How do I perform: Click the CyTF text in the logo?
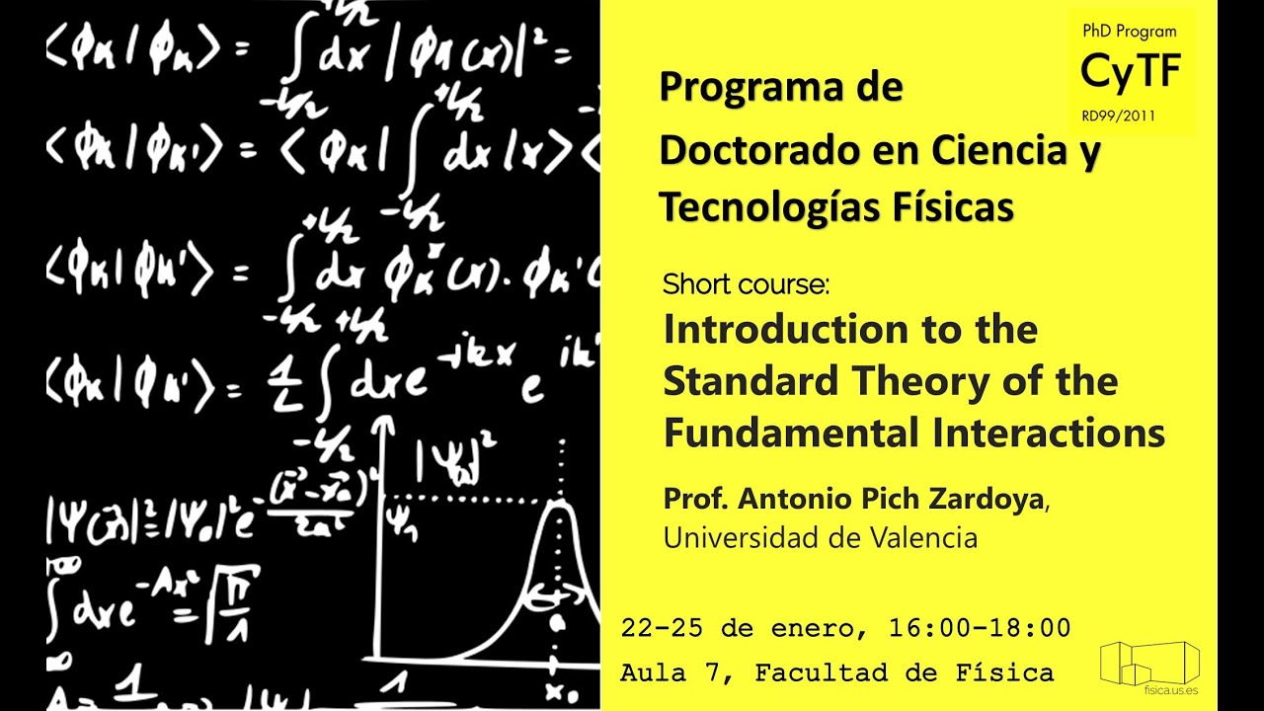click(1131, 72)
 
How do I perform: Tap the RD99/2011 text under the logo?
click(1119, 117)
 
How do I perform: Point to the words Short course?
click(747, 285)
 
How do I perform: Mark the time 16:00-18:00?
click(979, 627)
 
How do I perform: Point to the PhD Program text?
click(1129, 32)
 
